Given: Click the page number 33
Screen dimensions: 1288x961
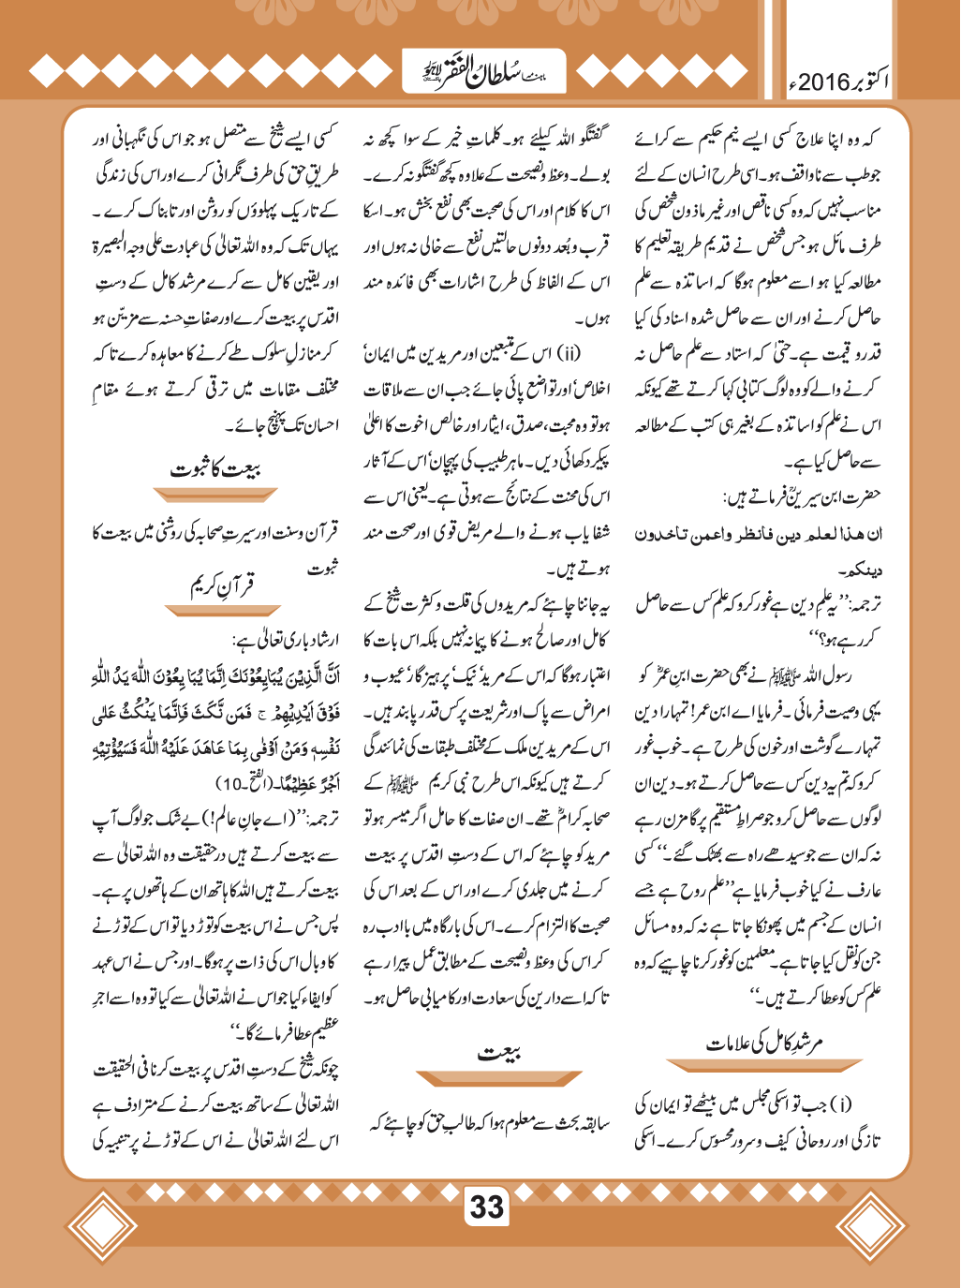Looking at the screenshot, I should coord(486,1207).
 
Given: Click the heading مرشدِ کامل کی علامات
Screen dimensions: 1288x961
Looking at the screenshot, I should coord(763,1043).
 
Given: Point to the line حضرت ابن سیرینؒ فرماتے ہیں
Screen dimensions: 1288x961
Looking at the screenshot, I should coord(801,496).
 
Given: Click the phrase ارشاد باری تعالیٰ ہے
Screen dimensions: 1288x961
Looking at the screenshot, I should coord(286,641).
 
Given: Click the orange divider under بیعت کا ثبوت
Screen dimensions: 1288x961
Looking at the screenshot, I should coord(215,495).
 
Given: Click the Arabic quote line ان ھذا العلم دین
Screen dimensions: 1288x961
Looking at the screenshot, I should coord(758,534).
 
